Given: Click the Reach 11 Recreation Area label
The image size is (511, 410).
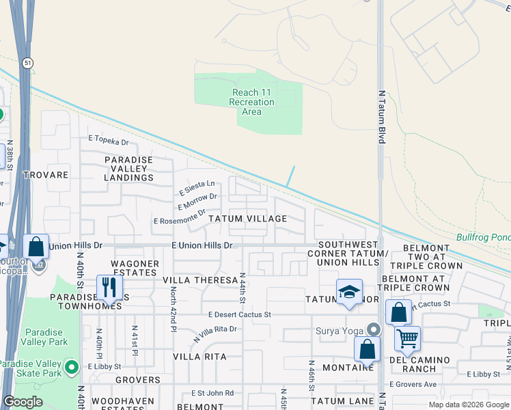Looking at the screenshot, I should click(251, 102).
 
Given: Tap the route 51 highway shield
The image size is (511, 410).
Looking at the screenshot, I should click(25, 63).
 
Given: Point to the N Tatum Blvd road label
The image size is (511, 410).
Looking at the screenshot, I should click(382, 117).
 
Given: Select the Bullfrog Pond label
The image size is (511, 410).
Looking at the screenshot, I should click(483, 236).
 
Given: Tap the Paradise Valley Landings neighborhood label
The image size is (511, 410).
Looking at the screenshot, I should click(128, 169).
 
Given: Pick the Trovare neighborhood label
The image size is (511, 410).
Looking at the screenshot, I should click(46, 175).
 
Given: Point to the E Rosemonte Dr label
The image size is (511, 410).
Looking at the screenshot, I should click(179, 217).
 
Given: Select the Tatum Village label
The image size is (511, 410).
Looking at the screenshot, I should click(247, 219).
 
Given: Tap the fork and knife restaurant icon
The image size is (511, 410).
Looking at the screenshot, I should click(109, 287).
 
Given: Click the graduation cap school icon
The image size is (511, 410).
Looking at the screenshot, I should click(349, 292).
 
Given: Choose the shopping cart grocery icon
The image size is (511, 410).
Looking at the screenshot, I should click(407, 338).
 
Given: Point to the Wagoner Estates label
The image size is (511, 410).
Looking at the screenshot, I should click(135, 269).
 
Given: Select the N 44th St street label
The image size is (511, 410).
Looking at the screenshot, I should click(242, 287).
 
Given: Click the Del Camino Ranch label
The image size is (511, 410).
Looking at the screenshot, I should click(420, 364).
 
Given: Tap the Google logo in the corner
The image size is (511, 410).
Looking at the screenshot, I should click(23, 402).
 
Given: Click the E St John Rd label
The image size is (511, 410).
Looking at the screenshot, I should click(212, 393).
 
